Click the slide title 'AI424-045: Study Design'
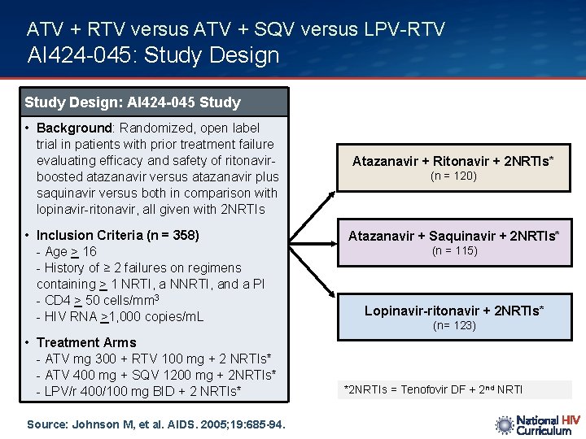(153, 55)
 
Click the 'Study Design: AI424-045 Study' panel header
(133, 102)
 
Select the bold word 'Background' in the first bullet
(74, 128)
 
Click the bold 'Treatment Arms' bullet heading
(86, 342)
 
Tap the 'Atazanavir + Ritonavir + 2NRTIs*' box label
(453, 161)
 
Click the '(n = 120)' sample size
(453, 176)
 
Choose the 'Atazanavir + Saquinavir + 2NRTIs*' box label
(453, 236)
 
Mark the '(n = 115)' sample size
(453, 251)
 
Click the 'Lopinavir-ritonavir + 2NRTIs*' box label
(453, 311)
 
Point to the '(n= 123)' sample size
(453, 326)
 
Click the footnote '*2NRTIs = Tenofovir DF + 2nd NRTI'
(433, 390)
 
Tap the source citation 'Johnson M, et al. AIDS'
(155, 424)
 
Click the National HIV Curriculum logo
(537, 424)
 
